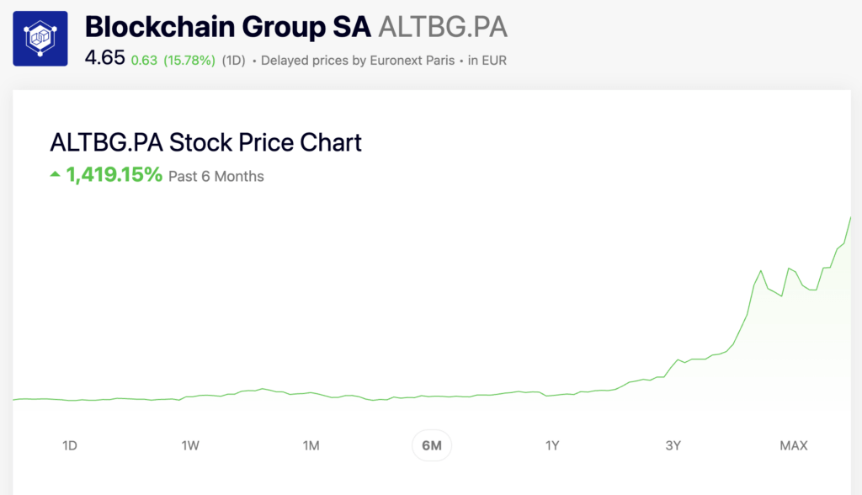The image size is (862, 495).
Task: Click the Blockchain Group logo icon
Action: point(40,39)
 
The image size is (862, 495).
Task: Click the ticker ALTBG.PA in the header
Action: point(443,27)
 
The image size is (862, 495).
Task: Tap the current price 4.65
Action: point(104,59)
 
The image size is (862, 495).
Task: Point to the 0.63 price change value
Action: point(144,61)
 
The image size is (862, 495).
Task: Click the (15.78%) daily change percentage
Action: point(189,61)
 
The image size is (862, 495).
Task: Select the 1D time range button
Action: point(70,445)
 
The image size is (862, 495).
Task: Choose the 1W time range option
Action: point(190,445)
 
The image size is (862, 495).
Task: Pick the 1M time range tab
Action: point(311,445)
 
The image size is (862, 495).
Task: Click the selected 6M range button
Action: point(431,445)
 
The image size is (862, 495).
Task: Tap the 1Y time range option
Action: point(551,445)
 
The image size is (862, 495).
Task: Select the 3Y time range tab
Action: point(673,445)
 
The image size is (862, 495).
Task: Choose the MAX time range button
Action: point(793,445)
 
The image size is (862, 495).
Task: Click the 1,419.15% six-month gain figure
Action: point(114,175)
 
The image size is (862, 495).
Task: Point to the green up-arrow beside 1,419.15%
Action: point(56,175)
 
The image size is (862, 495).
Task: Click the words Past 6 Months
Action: point(216,177)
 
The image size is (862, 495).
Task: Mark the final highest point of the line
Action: point(850,218)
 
